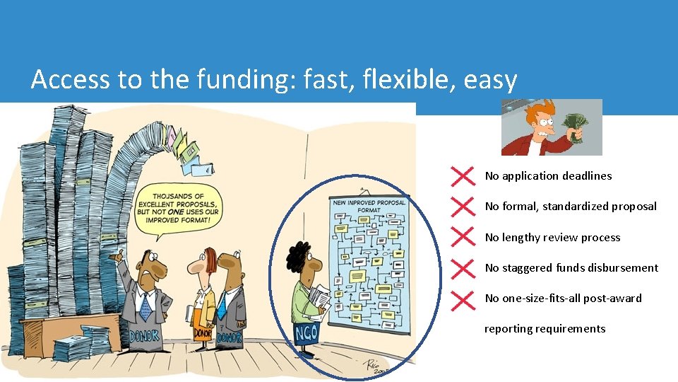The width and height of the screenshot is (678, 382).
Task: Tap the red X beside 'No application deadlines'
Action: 462,176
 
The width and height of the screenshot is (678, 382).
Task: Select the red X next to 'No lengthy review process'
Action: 462,238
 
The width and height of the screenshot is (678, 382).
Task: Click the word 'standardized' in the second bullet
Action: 575,207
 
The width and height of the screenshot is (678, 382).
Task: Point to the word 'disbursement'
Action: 623,268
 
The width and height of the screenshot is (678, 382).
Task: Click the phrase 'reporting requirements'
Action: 545,329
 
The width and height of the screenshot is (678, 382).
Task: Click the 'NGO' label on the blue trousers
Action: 307,332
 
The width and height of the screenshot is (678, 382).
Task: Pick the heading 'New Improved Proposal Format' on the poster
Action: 369,206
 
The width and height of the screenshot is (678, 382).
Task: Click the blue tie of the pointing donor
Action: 146,306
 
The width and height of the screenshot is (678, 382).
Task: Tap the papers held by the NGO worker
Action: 319,297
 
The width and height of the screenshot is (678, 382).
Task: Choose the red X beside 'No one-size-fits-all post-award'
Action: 462,299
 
